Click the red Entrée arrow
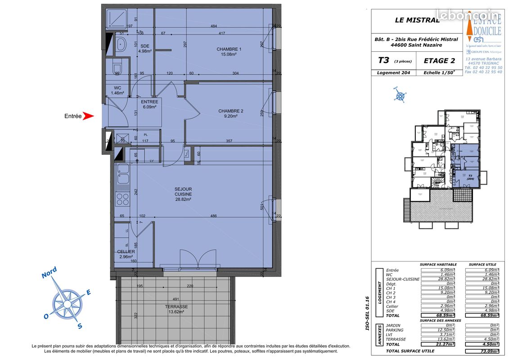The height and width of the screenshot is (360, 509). click(x=89, y=116)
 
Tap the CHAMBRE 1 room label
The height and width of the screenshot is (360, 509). click(x=229, y=52)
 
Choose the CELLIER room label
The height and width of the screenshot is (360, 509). click(x=126, y=254)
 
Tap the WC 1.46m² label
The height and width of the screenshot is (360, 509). click(x=117, y=90)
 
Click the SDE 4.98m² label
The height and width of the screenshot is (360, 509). click(x=145, y=49)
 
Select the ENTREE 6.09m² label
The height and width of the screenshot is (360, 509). click(x=149, y=104)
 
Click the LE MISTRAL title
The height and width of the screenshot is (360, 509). click(x=417, y=20)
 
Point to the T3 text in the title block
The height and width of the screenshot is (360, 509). click(x=384, y=60)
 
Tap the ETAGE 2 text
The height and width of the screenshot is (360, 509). click(x=439, y=61)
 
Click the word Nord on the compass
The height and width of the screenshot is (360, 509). click(x=49, y=273)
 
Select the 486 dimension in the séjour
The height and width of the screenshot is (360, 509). click(x=214, y=216)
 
